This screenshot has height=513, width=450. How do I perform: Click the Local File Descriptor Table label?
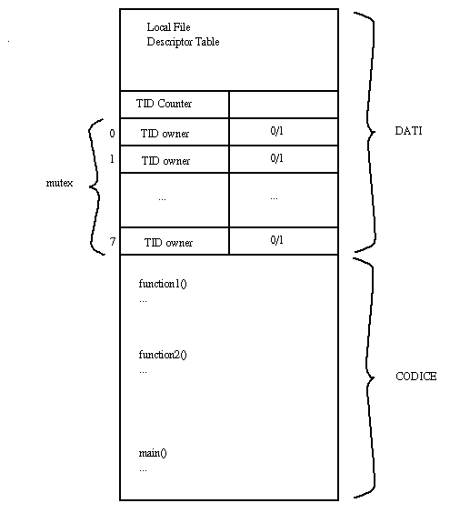tap(183, 35)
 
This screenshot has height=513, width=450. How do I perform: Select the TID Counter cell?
tap(175, 105)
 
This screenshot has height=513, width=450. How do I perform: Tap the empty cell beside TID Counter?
tap(284, 105)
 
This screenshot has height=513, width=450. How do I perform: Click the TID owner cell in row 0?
tap(175, 132)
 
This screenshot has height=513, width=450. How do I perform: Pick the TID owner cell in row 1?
tap(175, 159)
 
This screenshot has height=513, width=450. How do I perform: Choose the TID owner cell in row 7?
tap(175, 241)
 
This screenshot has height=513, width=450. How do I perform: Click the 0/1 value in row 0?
tap(276, 131)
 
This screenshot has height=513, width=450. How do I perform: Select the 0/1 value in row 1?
tap(276, 158)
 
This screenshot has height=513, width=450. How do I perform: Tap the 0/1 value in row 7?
tap(276, 240)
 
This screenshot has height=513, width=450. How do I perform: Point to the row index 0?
tap(112, 133)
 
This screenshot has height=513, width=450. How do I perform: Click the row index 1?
tap(112, 159)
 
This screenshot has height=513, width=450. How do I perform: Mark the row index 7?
tap(113, 241)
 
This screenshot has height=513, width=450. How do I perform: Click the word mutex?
tap(59, 183)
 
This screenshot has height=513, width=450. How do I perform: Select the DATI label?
tap(408, 131)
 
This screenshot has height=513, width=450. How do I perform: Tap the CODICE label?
tap(416, 377)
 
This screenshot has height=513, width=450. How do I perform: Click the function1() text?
tap(163, 284)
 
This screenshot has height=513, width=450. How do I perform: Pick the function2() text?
tap(163, 355)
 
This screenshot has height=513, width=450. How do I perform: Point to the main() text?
tap(153, 453)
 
